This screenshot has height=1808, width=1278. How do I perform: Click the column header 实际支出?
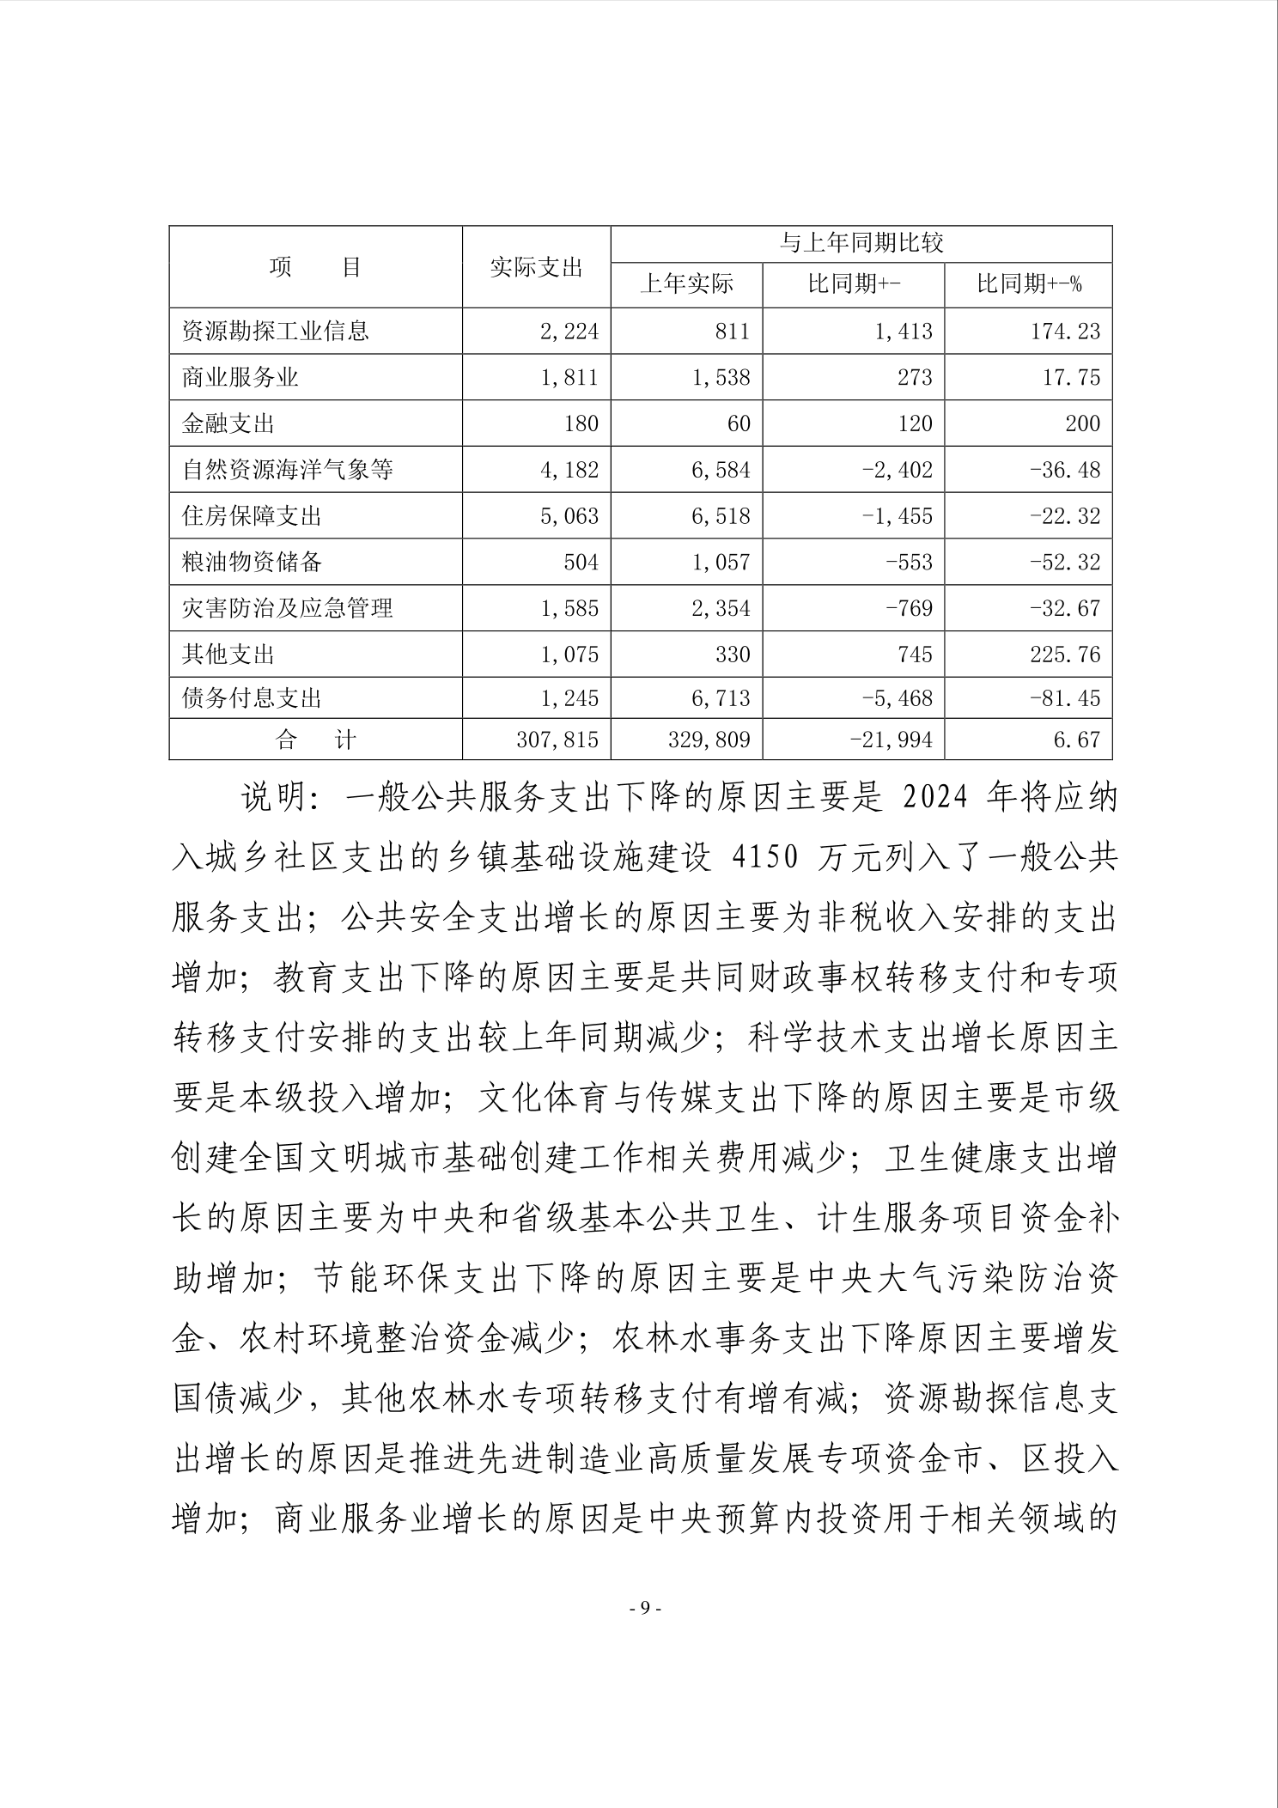(x=536, y=267)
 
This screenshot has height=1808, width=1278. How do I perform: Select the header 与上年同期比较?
(x=861, y=244)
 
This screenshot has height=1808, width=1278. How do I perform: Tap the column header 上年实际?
(x=686, y=284)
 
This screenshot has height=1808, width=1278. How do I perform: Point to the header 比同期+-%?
(x=1028, y=284)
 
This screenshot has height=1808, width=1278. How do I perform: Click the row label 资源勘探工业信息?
(x=276, y=332)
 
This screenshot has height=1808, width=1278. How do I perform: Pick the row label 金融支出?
(x=228, y=423)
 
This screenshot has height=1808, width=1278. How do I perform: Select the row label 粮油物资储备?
(x=253, y=563)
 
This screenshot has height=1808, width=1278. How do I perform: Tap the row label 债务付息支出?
(x=253, y=697)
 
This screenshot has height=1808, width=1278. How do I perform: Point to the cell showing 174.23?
(x=1065, y=332)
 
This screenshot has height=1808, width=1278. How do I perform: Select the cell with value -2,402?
(x=897, y=470)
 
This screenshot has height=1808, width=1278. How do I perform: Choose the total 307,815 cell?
(x=557, y=740)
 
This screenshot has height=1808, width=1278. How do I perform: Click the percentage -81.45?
(x=1064, y=697)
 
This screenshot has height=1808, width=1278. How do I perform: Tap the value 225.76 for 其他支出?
(x=1065, y=654)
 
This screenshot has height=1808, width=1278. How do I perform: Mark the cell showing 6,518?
(x=721, y=516)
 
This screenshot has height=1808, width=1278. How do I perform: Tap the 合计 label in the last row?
(x=315, y=740)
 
